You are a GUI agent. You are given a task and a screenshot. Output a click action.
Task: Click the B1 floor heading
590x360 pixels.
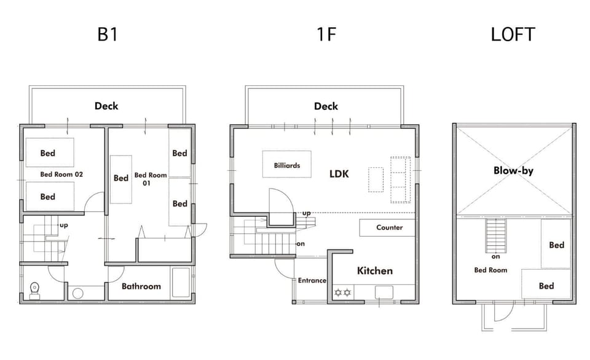coord(108,34)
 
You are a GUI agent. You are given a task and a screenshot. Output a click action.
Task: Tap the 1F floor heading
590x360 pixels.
coord(326,34)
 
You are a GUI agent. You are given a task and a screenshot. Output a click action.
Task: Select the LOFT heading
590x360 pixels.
coord(513,34)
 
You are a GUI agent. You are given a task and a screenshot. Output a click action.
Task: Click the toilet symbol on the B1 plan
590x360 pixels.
coord(34,291)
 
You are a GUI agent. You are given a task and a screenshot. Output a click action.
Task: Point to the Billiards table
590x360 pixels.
coord(287,164)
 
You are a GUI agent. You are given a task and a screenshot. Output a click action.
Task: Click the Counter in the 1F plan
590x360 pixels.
coord(387,227)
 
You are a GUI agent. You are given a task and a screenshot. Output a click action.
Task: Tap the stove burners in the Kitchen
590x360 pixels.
coord(343,292)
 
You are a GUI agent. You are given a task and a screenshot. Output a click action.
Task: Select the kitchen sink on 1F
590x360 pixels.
coord(383,292)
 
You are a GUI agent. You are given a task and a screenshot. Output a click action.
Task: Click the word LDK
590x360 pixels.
coord(339,174)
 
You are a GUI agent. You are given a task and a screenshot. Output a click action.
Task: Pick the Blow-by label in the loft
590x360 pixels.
coord(513,171)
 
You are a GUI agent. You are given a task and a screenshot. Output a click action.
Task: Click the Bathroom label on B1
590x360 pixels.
coord(141,286)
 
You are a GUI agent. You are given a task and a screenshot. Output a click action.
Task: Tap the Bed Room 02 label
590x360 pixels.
coord(61,174)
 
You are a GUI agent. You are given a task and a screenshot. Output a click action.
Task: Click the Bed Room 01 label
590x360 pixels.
coord(150,179)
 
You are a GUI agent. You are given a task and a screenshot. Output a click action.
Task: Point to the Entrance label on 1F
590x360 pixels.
coord(312,280)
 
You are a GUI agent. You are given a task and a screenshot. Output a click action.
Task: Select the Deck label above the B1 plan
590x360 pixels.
coord(106,106)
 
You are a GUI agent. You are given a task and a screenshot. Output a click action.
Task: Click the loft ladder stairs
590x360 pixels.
coord(495,235)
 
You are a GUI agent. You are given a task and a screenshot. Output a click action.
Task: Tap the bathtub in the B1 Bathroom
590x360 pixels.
coord(181,282)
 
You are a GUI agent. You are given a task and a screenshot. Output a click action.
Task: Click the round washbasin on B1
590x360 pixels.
coord(78,294)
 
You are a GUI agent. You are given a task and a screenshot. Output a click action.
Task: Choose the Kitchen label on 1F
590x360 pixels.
coord(375,271)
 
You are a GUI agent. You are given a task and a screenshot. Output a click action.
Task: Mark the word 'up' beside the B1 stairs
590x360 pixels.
coord(63,225)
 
